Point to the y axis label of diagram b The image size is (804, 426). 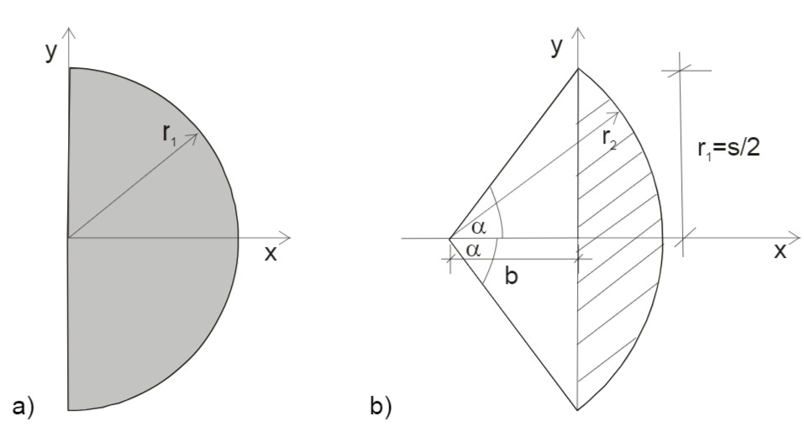click(556, 47)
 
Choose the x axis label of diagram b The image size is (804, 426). click(780, 250)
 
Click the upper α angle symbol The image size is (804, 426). click(478, 228)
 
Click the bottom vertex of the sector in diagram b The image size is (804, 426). click(578, 410)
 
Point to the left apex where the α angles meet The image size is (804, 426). click(449, 239)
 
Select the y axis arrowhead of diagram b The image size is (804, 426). click(578, 31)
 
